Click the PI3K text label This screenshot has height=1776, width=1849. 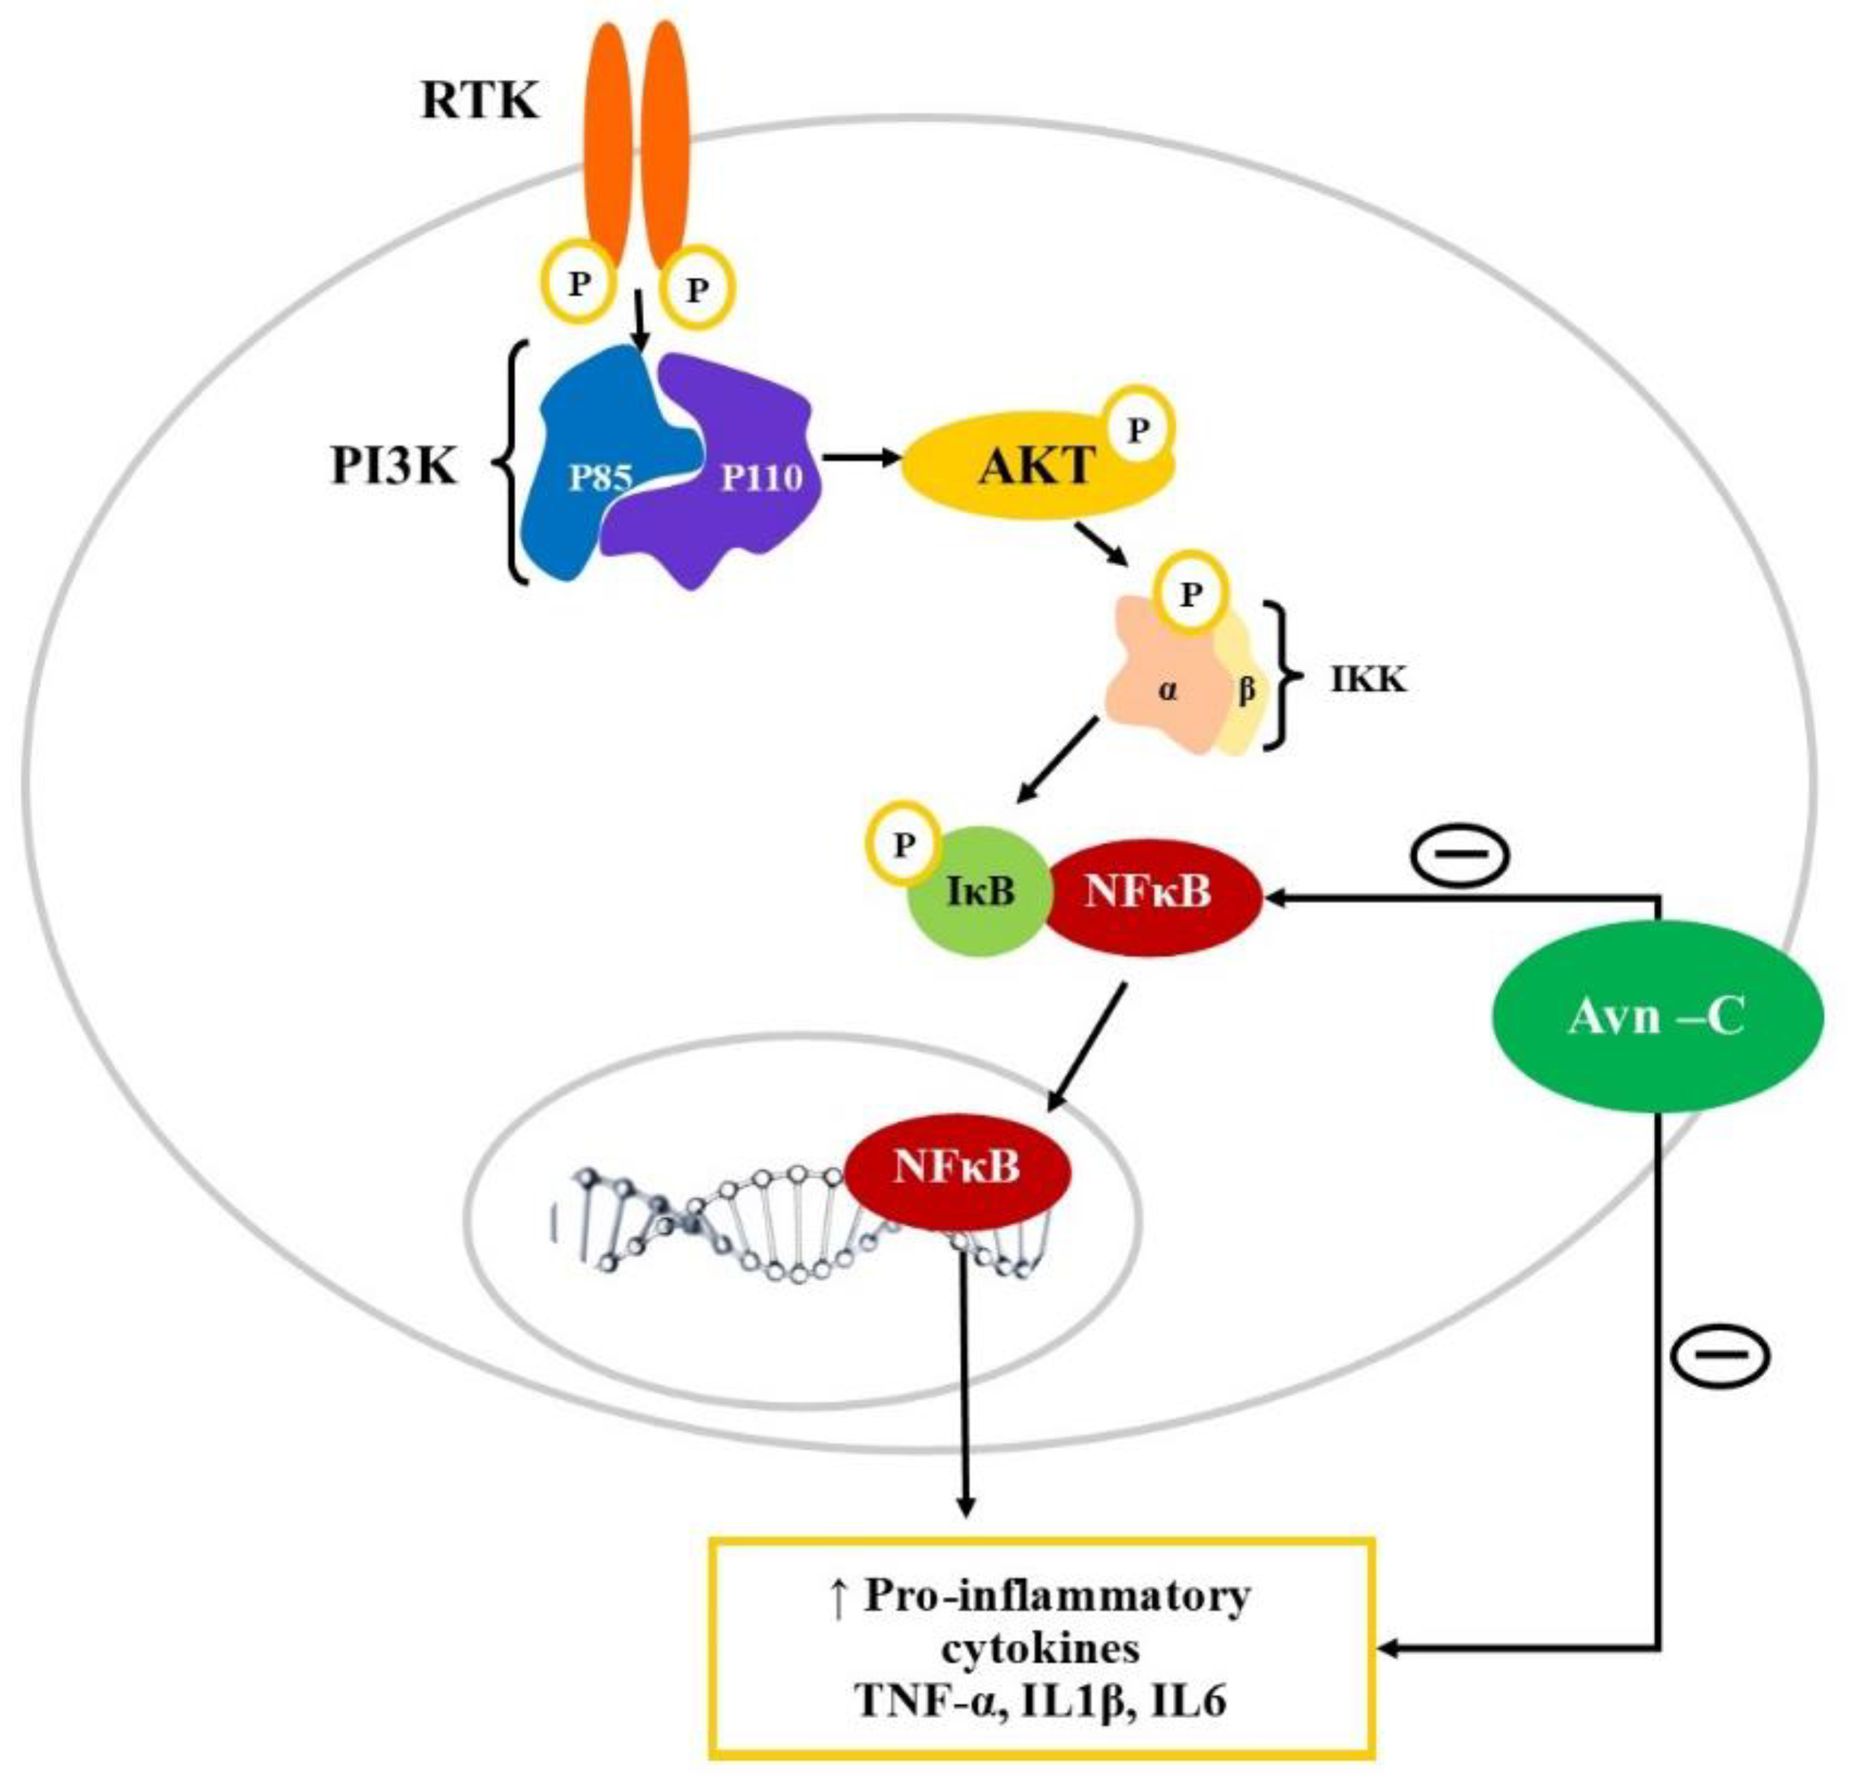click(393, 467)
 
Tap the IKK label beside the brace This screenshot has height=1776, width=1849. click(1368, 680)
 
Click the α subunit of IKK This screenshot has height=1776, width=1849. click(1168, 691)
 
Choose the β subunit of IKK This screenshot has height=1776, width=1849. click(1246, 691)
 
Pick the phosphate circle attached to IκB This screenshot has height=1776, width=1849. click(904, 844)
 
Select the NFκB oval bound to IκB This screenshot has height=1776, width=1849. click(1148, 892)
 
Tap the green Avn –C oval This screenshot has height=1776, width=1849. click(1655, 1019)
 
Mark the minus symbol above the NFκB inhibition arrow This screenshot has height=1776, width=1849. click(1460, 854)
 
